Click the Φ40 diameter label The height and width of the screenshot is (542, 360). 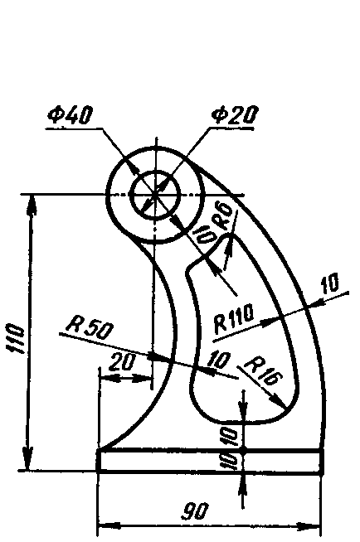click(71, 114)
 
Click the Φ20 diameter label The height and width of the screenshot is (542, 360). click(235, 114)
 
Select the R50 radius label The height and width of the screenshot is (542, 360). click(90, 327)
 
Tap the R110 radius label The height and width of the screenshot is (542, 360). click(234, 319)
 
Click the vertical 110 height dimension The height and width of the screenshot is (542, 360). click(16, 338)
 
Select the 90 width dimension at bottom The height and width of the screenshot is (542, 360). click(196, 511)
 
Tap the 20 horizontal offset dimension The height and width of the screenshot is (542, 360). click(121, 363)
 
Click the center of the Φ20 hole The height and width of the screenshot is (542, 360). click(156, 194)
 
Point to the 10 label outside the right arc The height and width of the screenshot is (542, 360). click(330, 283)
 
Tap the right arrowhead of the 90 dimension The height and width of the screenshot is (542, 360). click(309, 526)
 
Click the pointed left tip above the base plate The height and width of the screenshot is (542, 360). click(99, 449)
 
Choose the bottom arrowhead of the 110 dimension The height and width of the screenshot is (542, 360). click(27, 459)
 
